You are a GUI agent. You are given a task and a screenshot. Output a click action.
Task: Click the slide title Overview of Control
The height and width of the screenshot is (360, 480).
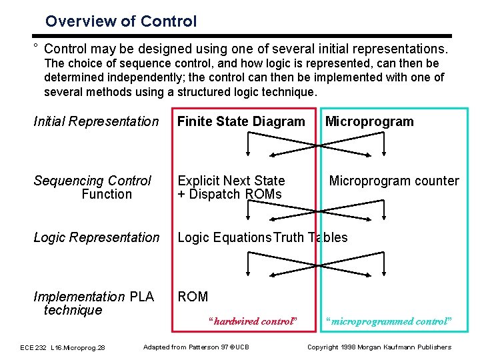pyautogui.click(x=121, y=21)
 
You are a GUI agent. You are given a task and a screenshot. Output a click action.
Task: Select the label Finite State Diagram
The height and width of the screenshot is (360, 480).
pyautogui.click(x=241, y=121)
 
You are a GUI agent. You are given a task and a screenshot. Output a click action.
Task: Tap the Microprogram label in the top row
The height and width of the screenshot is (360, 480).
pyautogui.click(x=369, y=121)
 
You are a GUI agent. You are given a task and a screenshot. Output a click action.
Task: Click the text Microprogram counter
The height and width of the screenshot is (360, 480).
pyautogui.click(x=394, y=181)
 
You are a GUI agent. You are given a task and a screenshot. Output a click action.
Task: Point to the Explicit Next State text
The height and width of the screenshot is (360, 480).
pyautogui.click(x=231, y=181)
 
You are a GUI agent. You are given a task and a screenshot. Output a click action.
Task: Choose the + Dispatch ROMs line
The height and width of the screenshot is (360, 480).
pyautogui.click(x=229, y=194)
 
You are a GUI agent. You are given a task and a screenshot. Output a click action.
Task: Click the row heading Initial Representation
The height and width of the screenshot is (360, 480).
pyautogui.click(x=96, y=121)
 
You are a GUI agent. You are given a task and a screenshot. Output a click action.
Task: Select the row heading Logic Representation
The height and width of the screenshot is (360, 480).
pyautogui.click(x=96, y=237)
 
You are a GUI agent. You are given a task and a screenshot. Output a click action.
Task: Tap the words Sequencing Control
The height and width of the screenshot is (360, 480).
pyautogui.click(x=92, y=181)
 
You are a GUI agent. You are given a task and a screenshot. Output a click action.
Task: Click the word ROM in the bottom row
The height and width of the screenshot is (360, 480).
pyautogui.click(x=193, y=297)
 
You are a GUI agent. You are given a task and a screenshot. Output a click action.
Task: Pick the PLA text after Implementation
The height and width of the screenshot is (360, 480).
pyautogui.click(x=141, y=297)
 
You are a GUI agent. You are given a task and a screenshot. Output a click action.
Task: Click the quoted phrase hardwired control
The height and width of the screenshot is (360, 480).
pyautogui.click(x=252, y=321)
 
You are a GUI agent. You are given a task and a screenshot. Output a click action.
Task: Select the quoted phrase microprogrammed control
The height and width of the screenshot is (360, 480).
pyautogui.click(x=389, y=321)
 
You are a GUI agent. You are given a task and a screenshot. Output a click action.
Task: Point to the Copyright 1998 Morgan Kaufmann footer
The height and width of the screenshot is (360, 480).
pyautogui.click(x=379, y=347)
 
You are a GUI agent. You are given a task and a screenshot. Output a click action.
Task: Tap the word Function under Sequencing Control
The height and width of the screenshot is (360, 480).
pyautogui.click(x=107, y=194)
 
